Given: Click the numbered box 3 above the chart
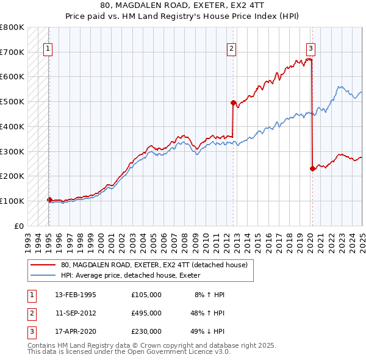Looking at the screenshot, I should pyautogui.click(x=310, y=49).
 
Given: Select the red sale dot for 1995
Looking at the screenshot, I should pyautogui.click(x=49, y=200).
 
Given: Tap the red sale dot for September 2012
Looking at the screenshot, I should pyautogui.click(x=233, y=103).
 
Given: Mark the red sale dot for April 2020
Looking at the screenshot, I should pyautogui.click(x=312, y=168).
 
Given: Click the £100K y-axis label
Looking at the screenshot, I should pyautogui.click(x=12, y=201).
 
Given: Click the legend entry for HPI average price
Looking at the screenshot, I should pyautogui.click(x=135, y=276).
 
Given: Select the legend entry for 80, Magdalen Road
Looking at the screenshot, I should pyautogui.click(x=154, y=265).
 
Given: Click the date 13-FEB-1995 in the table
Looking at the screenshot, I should pyautogui.click(x=76, y=295).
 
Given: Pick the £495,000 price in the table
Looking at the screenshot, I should pyautogui.click(x=146, y=313).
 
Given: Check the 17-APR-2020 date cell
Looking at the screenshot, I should pyautogui.click(x=76, y=331).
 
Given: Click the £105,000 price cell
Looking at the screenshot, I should pyautogui.click(x=146, y=295).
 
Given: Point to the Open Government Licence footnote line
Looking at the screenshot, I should pyautogui.click(x=129, y=352).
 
